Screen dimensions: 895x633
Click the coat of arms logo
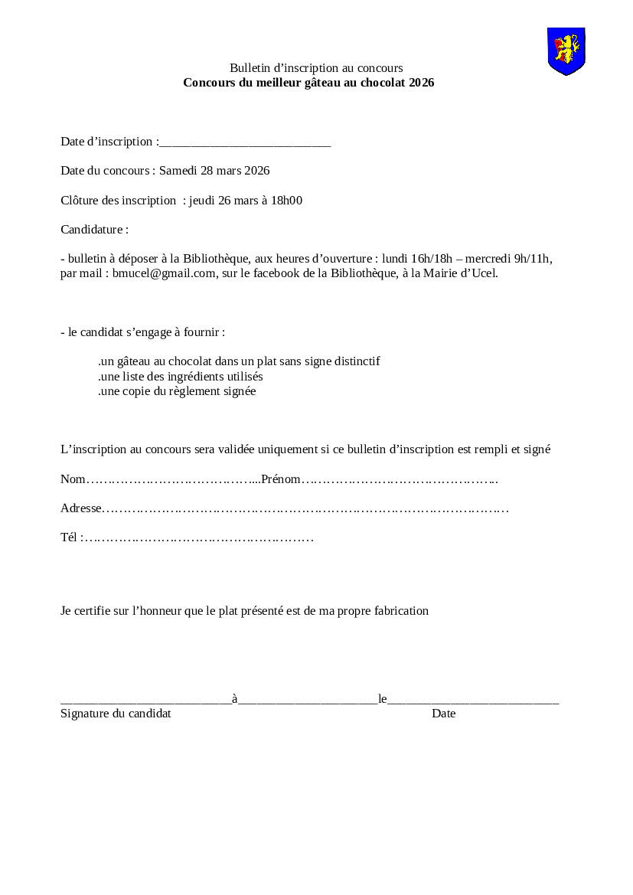566,51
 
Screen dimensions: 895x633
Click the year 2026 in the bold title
421,83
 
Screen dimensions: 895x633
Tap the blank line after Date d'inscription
245,142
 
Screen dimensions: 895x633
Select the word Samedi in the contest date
178,171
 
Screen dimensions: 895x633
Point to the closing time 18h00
288,201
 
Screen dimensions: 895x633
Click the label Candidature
94,230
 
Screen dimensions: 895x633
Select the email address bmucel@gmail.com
164,273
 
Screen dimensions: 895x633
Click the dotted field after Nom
173,480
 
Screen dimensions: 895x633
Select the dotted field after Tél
199,538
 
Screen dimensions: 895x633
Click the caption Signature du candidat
116,714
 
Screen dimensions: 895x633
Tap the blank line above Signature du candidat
145,700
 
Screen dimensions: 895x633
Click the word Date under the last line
443,714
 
